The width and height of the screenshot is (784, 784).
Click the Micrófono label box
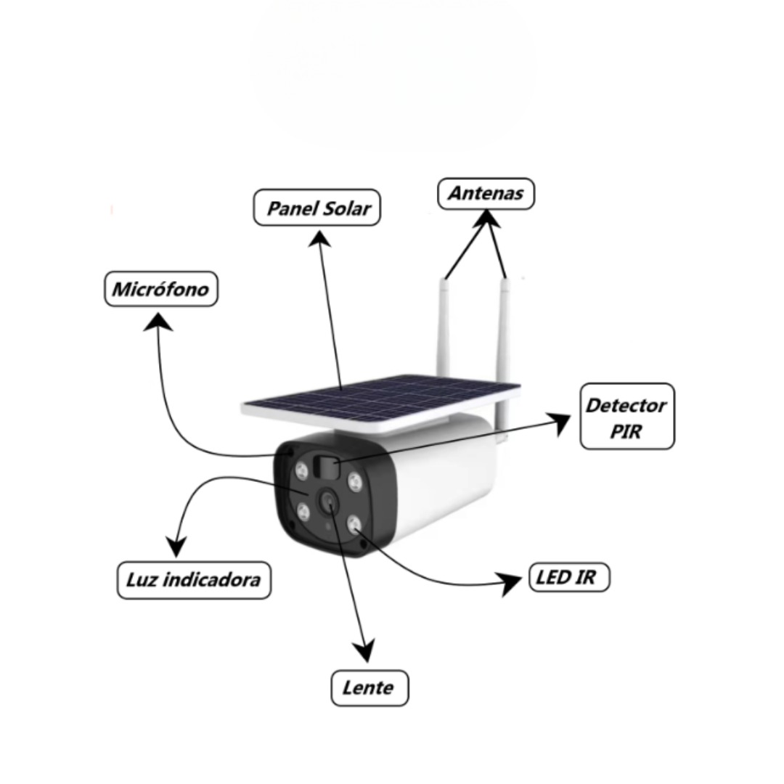point(161,289)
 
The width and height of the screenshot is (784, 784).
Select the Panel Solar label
point(317,208)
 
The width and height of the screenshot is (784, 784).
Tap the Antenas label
point(486,194)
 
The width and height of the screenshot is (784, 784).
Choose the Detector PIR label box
point(627,417)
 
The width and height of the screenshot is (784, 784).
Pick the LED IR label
point(570,577)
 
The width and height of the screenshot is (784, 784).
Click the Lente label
point(369,688)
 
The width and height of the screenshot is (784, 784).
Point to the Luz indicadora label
point(194,580)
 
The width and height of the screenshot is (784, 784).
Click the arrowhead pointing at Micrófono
point(158,322)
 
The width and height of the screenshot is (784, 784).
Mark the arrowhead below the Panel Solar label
point(319,239)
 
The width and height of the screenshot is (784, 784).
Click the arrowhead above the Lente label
point(365,650)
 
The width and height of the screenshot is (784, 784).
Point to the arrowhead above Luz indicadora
point(176,546)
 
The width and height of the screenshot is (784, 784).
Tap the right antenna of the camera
point(504,357)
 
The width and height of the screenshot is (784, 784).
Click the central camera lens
point(329,500)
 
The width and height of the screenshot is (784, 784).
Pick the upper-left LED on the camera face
point(301,470)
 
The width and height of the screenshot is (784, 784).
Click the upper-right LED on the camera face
point(354,482)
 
